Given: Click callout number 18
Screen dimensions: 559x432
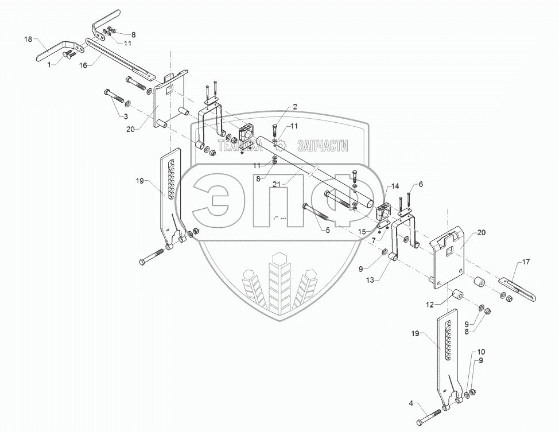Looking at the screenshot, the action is tap(28, 39).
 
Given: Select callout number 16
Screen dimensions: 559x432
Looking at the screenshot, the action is tap(83, 66).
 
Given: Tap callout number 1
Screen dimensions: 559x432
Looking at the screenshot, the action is tap(49, 64).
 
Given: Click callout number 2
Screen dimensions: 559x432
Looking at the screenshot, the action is tap(294, 107).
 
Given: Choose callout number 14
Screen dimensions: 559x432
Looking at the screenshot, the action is tap(395, 186).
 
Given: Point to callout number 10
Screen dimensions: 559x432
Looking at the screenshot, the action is tap(481, 351).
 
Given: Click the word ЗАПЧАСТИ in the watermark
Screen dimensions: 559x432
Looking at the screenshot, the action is tap(322, 147).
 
